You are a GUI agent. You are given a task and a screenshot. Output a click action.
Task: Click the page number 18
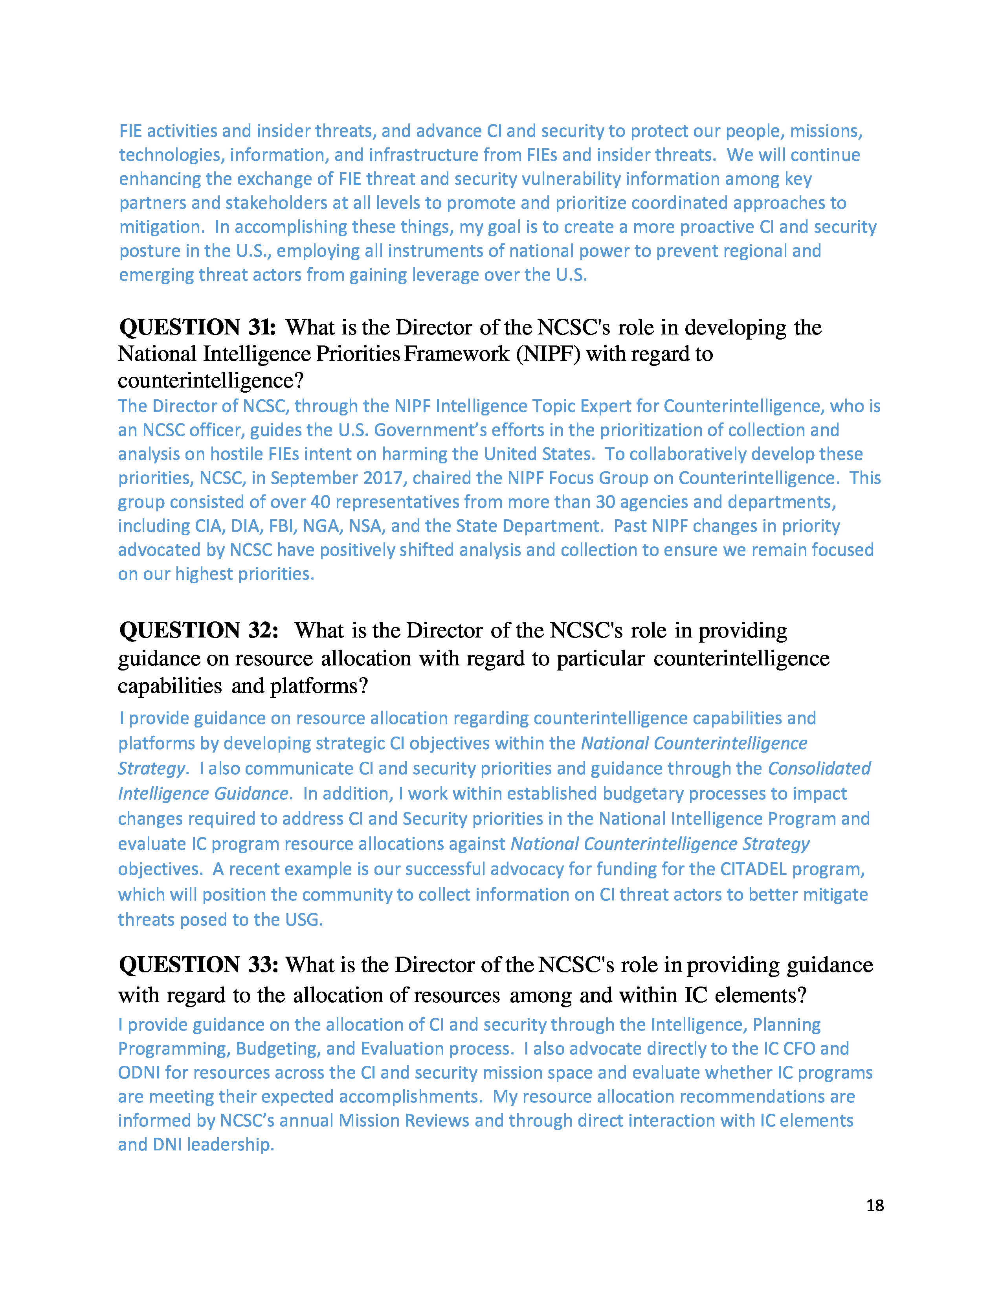(x=874, y=1205)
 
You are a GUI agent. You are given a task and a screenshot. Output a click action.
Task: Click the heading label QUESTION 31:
(x=198, y=327)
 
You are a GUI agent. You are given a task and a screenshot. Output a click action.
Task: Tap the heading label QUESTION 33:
(x=199, y=965)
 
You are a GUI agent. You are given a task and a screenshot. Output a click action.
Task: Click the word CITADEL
(x=753, y=869)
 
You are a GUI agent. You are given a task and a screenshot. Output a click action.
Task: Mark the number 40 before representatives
(x=321, y=502)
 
